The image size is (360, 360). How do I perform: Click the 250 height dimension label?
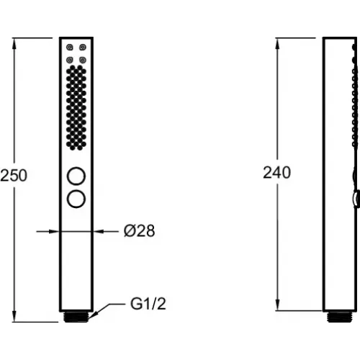point(14,176)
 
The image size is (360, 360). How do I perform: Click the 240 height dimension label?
point(276,172)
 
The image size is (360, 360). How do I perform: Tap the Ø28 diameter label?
point(139,231)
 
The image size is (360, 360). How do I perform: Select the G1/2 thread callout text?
point(148,304)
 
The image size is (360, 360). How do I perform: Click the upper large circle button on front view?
point(76,176)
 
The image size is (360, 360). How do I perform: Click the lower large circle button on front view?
point(76,199)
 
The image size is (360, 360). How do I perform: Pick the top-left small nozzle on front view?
point(70,47)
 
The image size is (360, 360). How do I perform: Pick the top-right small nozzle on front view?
point(83,47)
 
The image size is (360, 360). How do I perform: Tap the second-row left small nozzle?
point(70,60)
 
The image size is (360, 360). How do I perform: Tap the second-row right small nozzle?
point(83,60)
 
